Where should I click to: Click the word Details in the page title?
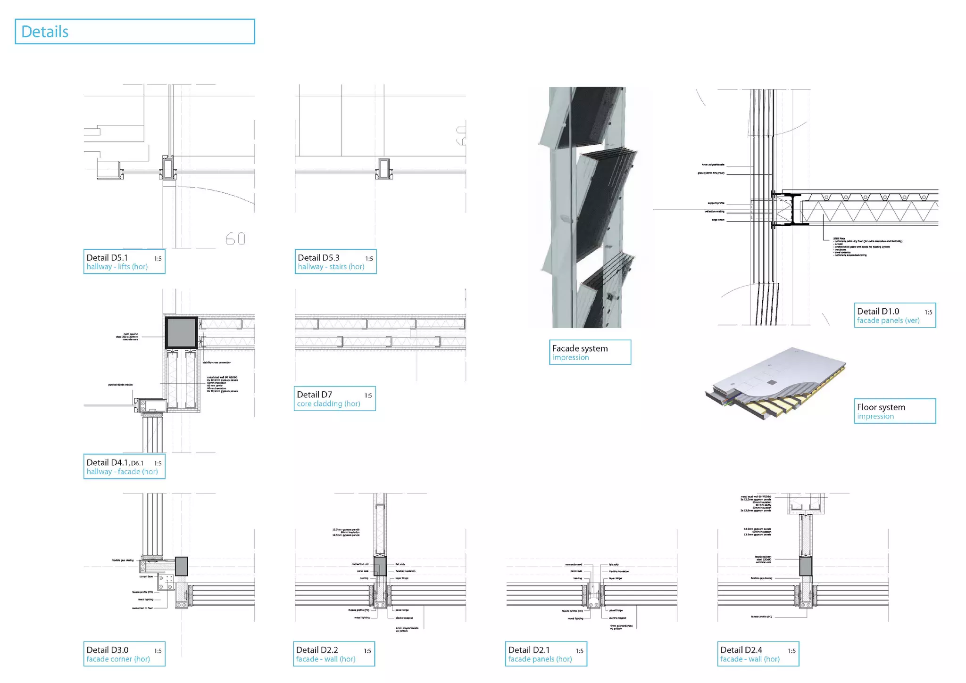45,32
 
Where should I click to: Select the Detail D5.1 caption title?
107,257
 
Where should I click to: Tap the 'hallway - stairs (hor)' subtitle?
331,267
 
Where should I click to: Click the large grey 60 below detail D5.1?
235,239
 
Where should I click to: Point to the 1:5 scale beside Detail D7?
368,395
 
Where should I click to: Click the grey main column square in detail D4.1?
181,332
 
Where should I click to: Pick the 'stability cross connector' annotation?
217,362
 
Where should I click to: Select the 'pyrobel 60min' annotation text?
120,385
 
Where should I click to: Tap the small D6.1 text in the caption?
137,463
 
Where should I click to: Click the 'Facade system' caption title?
580,348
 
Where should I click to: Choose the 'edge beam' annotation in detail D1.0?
718,220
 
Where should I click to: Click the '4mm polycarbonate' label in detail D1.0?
713,165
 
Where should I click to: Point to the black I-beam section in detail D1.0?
793,209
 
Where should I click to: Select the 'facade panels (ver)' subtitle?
888,321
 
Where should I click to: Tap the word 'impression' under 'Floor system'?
875,417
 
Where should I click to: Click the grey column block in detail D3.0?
181,566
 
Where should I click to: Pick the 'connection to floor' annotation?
142,608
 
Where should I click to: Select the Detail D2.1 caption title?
529,650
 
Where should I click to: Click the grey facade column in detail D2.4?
806,566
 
